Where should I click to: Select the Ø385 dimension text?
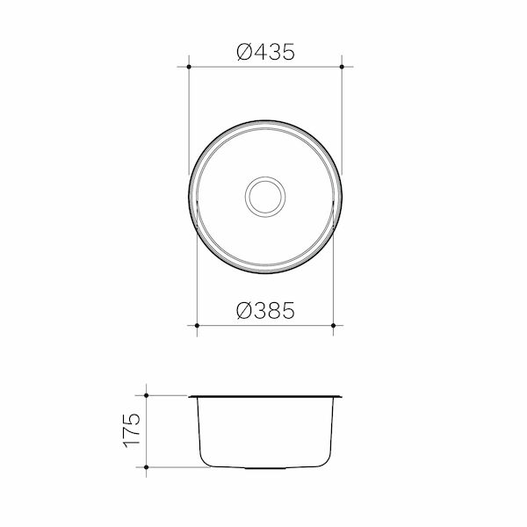point(265,310)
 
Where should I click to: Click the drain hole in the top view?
point(264,195)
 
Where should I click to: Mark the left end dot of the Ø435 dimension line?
point(190,67)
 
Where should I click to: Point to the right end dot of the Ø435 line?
point(341,67)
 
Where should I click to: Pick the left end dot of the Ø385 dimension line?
point(197,326)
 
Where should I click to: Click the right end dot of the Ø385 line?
point(334,326)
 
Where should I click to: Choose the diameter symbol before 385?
point(244,310)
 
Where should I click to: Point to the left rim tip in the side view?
point(190,396)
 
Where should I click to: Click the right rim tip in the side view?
point(341,396)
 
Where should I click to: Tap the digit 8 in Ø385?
point(272,310)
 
